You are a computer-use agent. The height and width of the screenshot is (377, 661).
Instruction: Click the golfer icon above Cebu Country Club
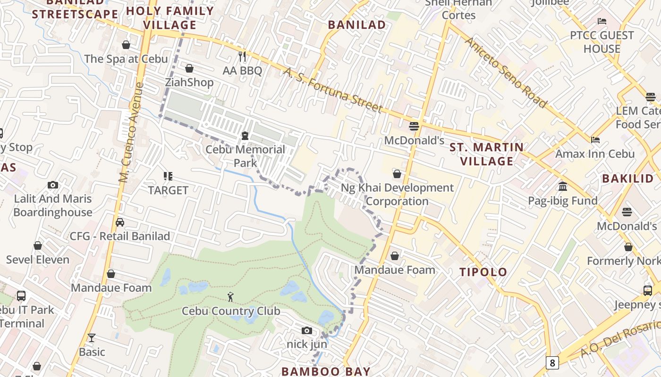[x=230, y=297]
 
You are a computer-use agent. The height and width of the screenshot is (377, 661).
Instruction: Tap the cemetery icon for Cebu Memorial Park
[x=245, y=136]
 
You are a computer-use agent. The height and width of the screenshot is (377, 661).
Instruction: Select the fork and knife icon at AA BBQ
[x=242, y=57]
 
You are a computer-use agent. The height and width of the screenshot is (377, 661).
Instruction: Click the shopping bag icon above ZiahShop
[x=189, y=68]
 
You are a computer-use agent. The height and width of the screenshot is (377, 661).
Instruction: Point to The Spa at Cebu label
[x=126, y=59]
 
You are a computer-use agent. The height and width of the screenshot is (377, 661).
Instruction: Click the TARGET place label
[x=168, y=190]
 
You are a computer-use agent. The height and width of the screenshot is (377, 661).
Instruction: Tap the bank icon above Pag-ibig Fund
[x=562, y=187]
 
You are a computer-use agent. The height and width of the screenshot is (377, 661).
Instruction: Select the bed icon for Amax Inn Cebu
[x=595, y=140]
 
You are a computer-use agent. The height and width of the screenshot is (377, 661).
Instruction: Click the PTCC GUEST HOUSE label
[x=602, y=42]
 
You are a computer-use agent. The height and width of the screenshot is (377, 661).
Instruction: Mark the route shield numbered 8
[x=552, y=362]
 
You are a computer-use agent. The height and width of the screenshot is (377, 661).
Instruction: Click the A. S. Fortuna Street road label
[x=333, y=90]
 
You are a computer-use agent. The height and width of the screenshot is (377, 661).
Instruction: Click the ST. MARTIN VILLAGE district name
[x=487, y=154]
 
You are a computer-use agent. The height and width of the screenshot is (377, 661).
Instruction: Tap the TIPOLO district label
[x=483, y=272]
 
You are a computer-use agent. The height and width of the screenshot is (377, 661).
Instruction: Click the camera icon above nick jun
[x=307, y=330]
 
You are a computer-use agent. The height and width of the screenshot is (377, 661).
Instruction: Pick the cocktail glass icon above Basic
[x=92, y=337]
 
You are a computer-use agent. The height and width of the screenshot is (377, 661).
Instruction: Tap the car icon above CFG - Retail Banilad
[x=120, y=222]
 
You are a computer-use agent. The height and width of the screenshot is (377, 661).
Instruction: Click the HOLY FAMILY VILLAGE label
[x=170, y=18]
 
